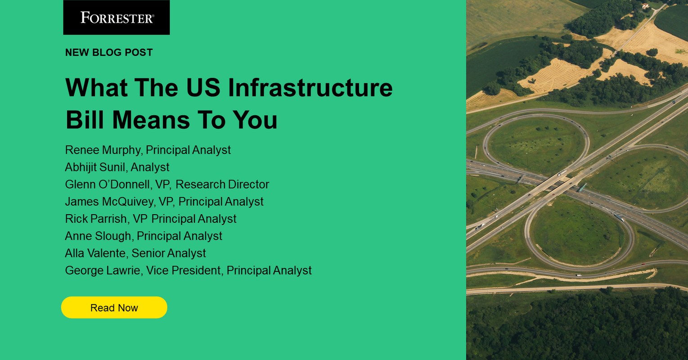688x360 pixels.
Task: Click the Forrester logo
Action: (x=117, y=18)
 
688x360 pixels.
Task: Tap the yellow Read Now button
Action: (x=114, y=308)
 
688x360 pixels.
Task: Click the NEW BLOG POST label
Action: (x=109, y=53)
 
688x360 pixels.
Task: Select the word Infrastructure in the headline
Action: (x=310, y=87)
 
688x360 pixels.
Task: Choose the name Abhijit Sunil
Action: (x=94, y=167)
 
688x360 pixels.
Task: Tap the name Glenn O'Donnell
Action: (x=107, y=184)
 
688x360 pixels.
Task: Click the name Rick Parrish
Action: (x=96, y=219)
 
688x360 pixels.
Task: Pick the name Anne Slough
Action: (x=98, y=236)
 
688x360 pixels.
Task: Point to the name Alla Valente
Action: (x=95, y=253)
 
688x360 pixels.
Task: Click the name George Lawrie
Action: (x=102, y=270)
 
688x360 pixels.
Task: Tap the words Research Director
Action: (x=222, y=184)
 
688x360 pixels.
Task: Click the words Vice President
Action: (x=184, y=270)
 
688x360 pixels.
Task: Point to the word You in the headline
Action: (x=255, y=120)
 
